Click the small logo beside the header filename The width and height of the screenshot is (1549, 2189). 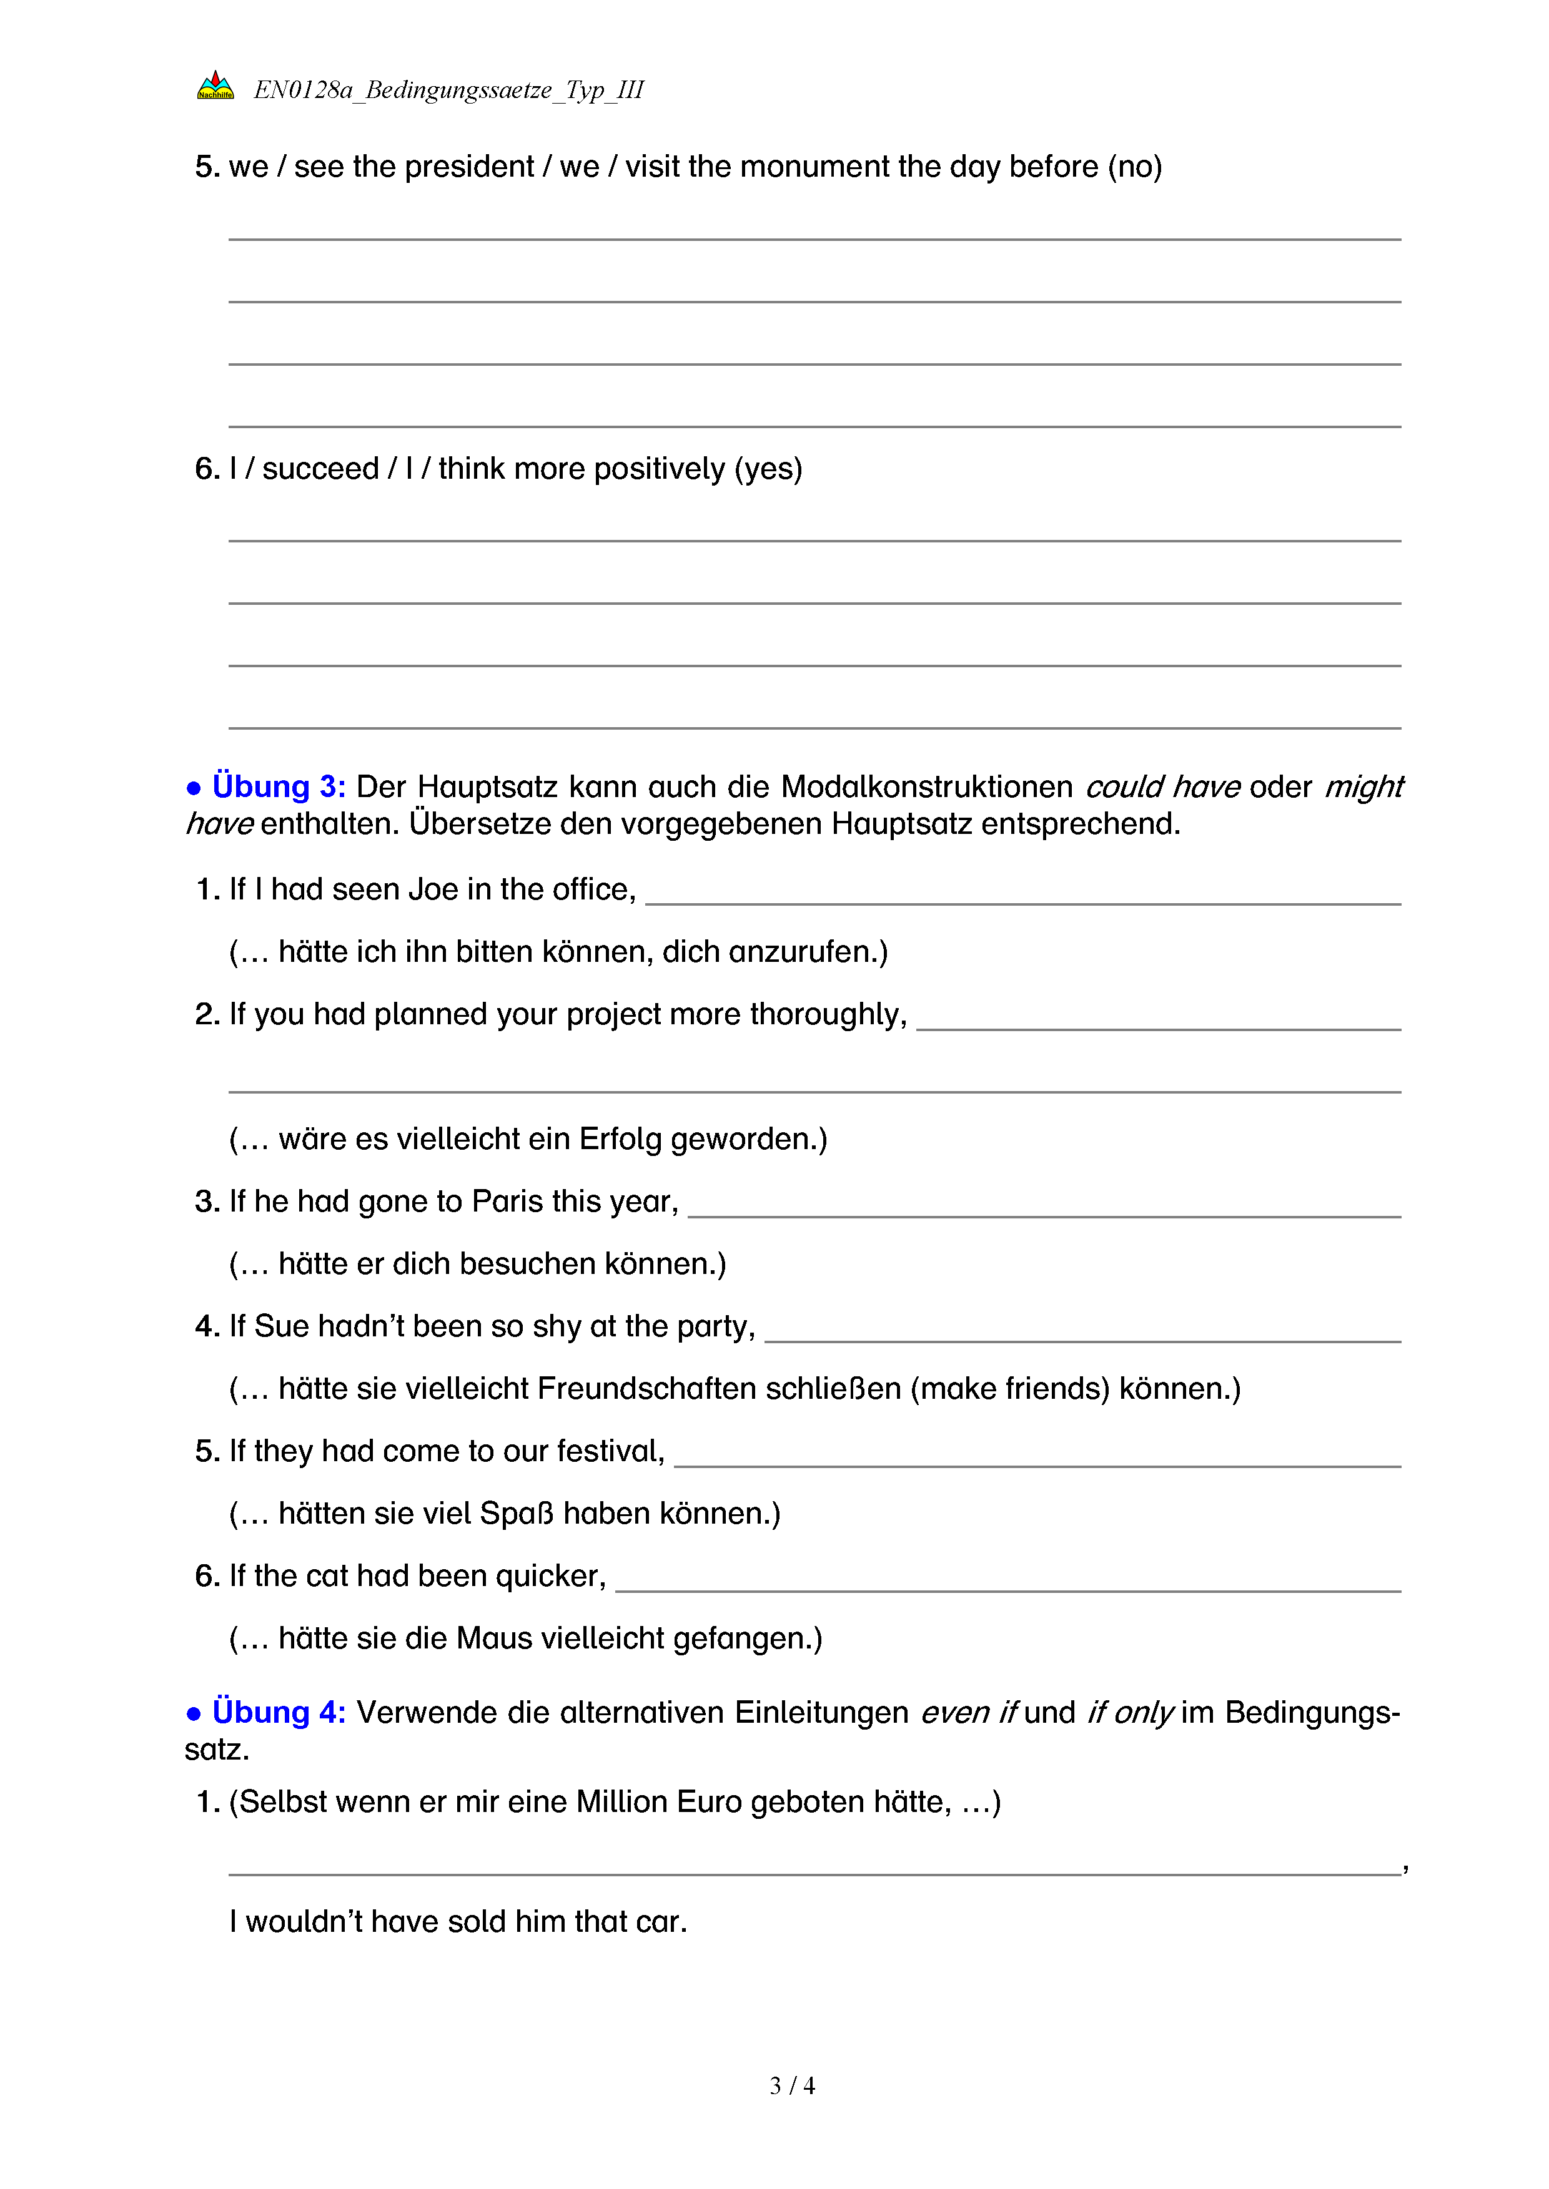click(x=215, y=86)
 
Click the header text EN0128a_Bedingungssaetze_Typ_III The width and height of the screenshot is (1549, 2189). click(x=448, y=90)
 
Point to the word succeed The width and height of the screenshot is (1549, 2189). click(x=320, y=469)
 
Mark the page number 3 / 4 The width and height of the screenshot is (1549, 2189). click(x=791, y=2086)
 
